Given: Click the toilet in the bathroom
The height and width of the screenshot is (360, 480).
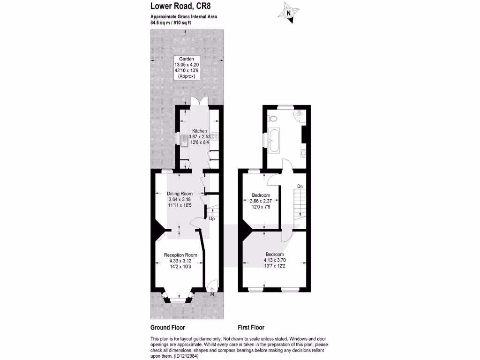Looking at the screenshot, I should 273,119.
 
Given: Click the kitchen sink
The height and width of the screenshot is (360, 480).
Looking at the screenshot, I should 184,140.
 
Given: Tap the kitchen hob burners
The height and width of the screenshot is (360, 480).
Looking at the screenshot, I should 215,137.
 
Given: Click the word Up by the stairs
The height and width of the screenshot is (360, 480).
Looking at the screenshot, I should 212,218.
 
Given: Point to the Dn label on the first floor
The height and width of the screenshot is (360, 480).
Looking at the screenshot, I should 300,187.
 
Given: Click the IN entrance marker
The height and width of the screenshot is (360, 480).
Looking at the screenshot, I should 212,294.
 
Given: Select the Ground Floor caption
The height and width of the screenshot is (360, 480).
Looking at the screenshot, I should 167,328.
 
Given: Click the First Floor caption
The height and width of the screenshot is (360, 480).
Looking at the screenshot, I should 251,328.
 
